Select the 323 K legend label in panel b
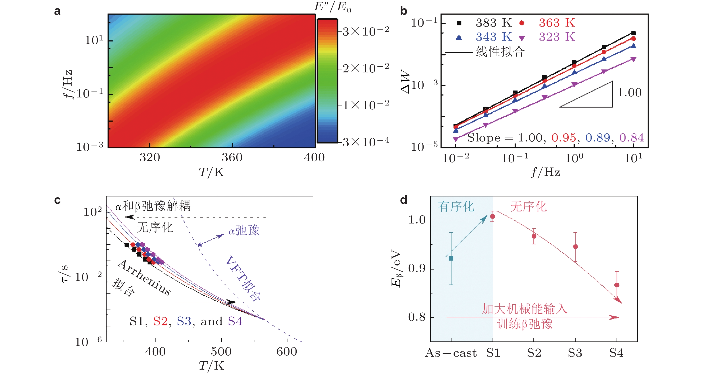pos(557,37)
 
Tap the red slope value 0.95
pos(564,137)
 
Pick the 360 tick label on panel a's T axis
pos(232,158)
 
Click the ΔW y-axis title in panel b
pos(406,81)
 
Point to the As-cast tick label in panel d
pos(451,353)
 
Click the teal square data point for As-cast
pos(451,258)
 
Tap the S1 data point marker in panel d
pos(493,216)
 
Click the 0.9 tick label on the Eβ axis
pos(417,269)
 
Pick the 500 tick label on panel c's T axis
pos(221,352)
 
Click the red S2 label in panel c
pos(160,321)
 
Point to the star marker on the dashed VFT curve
pos(200,244)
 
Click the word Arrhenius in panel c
pos(144,278)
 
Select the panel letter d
pos(403,200)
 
